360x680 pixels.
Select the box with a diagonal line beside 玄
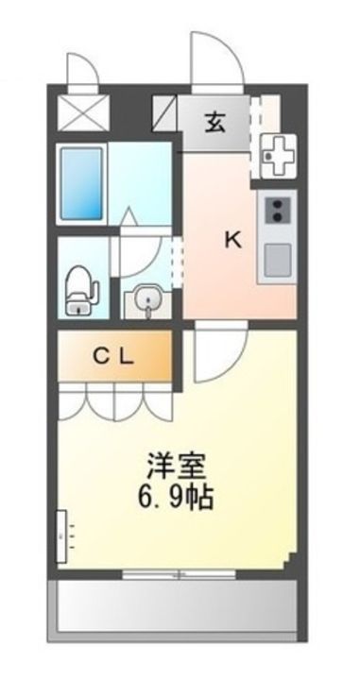166,115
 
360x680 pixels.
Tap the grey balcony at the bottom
176,604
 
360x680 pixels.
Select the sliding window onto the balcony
180,572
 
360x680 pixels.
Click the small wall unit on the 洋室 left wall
62,535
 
